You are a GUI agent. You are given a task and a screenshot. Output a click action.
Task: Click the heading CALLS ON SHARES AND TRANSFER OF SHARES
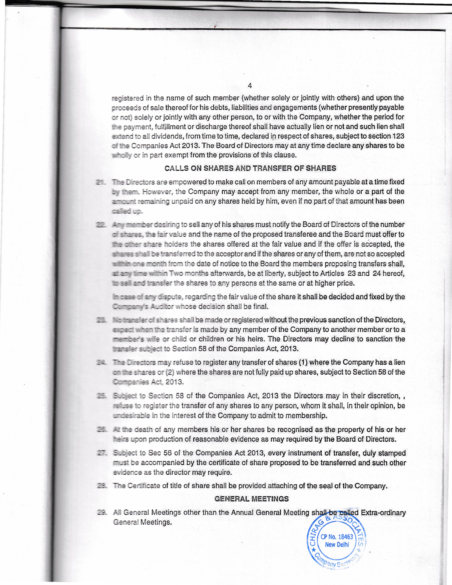click(250, 168)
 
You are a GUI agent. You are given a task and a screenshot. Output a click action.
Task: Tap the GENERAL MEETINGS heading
click(252, 499)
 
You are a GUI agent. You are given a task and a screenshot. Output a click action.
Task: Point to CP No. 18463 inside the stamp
click(337, 537)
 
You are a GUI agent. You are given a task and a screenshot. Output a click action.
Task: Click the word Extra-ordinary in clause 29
click(383, 513)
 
